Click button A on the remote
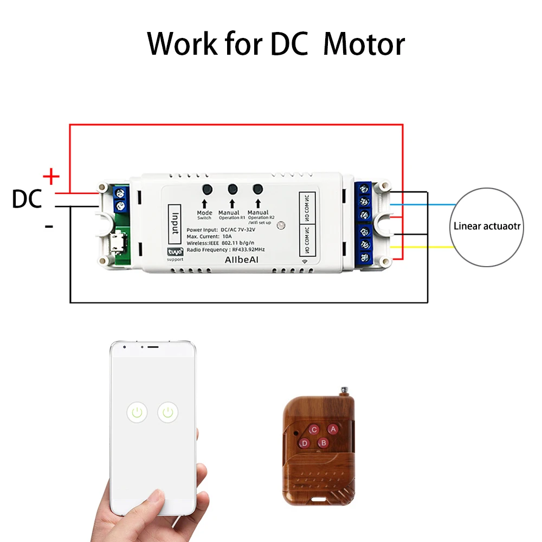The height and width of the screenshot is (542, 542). (x=333, y=429)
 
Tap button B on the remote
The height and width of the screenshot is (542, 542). (x=324, y=443)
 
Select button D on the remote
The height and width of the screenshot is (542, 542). (x=305, y=443)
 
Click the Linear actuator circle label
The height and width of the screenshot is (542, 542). (x=487, y=226)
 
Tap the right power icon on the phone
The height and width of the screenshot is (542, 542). (x=169, y=413)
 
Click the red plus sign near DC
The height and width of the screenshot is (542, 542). (x=51, y=176)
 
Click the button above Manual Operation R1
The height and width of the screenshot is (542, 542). (x=233, y=189)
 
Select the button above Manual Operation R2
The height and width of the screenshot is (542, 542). (x=257, y=189)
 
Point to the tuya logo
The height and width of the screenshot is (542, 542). (x=175, y=252)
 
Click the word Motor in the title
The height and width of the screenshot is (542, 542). (x=364, y=44)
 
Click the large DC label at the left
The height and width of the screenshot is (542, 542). (x=27, y=199)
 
